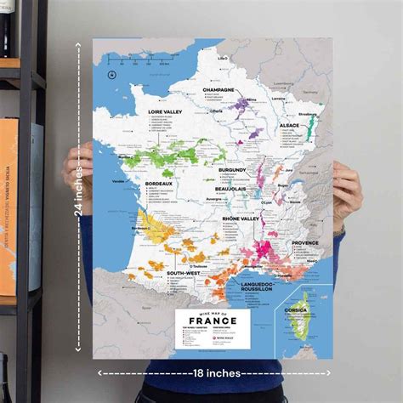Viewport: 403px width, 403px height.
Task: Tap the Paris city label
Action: [x=218, y=111]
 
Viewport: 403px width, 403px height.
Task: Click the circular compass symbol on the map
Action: [x=111, y=77]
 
